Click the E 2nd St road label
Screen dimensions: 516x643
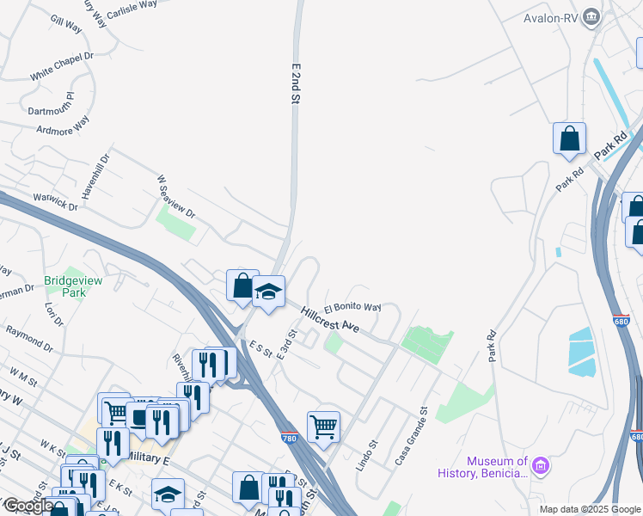tap(295, 84)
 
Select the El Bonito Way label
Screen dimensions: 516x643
tap(352, 307)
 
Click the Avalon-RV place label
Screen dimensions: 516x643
tap(551, 17)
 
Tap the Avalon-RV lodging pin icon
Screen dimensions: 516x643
tap(591, 17)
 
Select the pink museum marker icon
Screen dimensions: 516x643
tap(541, 467)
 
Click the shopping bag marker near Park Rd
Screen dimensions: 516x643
tap(569, 138)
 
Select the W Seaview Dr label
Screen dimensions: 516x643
tap(176, 197)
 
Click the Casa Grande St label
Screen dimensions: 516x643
tap(412, 437)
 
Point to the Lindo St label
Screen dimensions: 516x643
tap(367, 457)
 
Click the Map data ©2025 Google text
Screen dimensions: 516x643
tap(590, 509)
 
